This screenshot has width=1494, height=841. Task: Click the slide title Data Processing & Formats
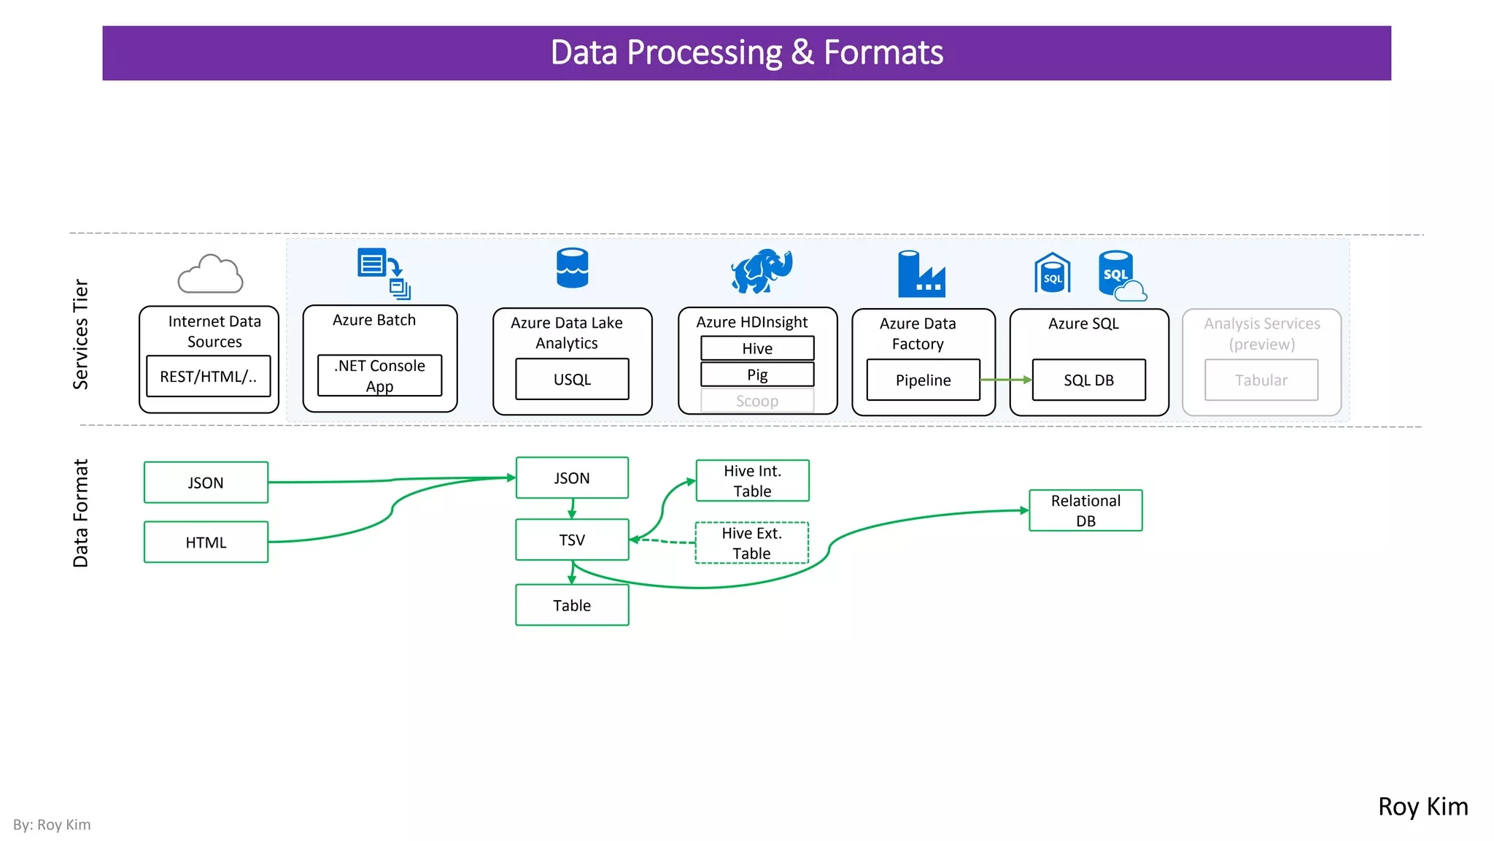pos(746,53)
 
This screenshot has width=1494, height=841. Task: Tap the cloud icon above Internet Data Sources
pos(210,274)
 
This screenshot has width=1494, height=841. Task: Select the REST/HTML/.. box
pos(209,377)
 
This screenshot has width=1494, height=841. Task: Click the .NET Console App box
pos(379,376)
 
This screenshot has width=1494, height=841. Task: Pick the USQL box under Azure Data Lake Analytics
pos(572,380)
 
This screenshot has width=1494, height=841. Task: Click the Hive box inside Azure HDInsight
pos(757,348)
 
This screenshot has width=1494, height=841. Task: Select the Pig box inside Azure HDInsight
pos(757,375)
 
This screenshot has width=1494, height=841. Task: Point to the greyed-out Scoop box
pos(757,401)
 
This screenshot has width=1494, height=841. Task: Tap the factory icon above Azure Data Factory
pos(921,274)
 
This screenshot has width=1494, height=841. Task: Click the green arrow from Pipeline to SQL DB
pos(1005,380)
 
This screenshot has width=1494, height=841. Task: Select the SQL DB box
pos(1088,380)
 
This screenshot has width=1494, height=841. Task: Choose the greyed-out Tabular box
pos(1261,380)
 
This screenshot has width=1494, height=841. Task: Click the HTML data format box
pos(206,542)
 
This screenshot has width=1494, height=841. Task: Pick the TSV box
pos(572,539)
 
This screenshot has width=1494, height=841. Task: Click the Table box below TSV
pos(572,605)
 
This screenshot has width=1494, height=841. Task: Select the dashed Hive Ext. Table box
pos(751,543)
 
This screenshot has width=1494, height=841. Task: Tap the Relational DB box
pos(1085,510)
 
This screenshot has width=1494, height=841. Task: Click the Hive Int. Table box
pos(752,480)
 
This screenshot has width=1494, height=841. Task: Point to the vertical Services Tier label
pos(80,334)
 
